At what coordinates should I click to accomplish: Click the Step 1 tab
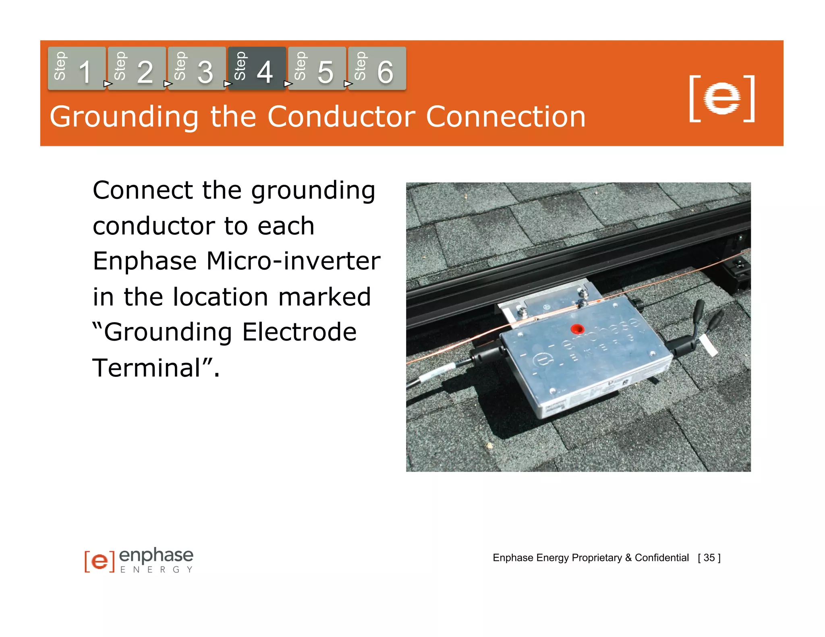77,68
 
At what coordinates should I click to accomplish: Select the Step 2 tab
137,68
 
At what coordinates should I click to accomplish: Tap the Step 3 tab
197,68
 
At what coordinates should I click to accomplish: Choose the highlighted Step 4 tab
257,68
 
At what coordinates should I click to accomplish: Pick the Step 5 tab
317,68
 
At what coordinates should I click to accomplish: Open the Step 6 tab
377,68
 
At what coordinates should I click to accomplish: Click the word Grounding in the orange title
124,117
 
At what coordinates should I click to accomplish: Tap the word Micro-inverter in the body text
293,261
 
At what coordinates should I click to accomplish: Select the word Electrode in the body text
299,332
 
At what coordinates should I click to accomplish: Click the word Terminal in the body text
147,368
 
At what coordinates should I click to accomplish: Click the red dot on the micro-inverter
577,329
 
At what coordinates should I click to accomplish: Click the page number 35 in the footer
709,558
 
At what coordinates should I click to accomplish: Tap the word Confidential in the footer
661,558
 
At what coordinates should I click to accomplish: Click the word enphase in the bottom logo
156,556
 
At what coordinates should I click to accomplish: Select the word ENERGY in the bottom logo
156,570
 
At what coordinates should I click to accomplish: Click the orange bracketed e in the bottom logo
99,561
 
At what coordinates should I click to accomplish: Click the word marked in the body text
324,297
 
